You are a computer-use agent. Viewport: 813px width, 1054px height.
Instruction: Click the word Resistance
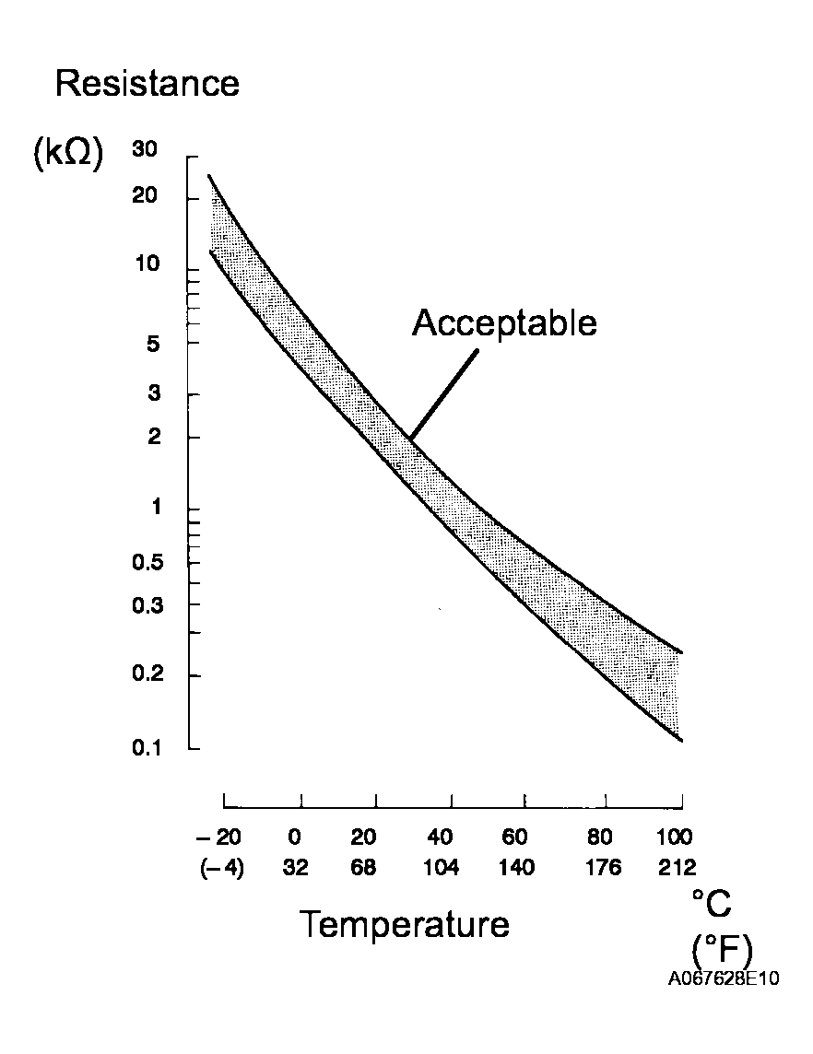tap(147, 84)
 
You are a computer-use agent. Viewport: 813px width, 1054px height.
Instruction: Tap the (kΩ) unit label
tap(67, 155)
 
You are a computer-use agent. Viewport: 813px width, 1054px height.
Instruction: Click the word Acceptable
tap(504, 323)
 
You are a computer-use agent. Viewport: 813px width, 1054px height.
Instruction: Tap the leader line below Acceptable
tap(443, 394)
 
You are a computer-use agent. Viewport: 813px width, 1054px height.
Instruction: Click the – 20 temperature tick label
tap(218, 837)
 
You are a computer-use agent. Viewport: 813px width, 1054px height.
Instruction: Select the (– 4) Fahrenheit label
tap(221, 868)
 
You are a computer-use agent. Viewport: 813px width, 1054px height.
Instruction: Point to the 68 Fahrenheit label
tap(363, 868)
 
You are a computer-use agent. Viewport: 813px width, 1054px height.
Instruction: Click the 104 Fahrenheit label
tap(442, 868)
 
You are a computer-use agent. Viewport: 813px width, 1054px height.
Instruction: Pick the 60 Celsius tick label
tap(516, 837)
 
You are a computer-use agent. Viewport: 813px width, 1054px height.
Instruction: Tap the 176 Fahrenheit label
tap(604, 868)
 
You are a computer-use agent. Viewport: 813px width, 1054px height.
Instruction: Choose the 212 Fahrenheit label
tap(676, 868)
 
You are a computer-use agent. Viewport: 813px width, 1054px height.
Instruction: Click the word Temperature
tap(405, 923)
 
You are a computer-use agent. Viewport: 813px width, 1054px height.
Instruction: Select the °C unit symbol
tap(712, 905)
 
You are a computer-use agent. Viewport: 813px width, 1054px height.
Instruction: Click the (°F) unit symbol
tap(721, 950)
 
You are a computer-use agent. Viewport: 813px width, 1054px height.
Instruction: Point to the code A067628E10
tap(724, 978)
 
